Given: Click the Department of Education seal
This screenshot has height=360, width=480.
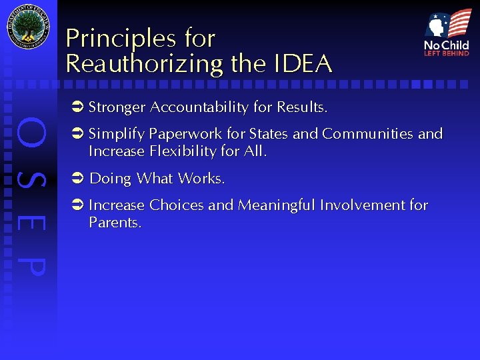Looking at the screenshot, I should coord(28,27).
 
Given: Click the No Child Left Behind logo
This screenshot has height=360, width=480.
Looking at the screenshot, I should coord(447,33).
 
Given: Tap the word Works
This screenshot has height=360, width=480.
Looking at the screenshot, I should coord(205,179).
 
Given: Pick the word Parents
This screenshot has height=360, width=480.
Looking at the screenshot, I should coord(115,223).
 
